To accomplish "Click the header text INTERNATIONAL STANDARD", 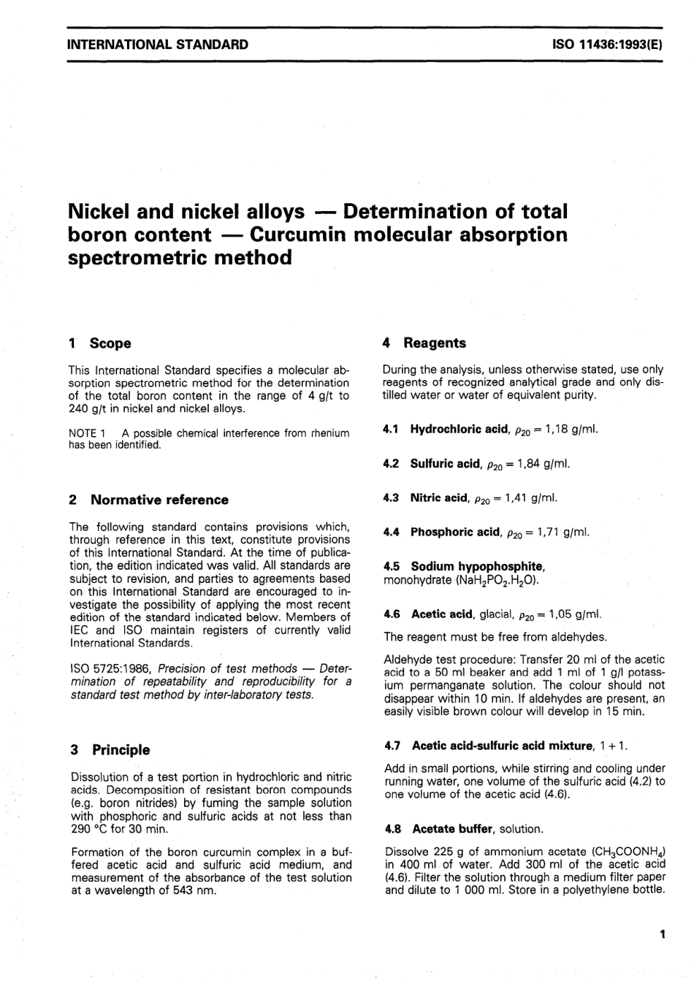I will click(157, 45).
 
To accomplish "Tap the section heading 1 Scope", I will click(99, 343).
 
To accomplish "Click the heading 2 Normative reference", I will click(148, 500).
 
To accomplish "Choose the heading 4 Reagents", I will click(424, 343).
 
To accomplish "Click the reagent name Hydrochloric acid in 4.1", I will click(458, 429).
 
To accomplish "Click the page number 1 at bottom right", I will click(661, 934).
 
